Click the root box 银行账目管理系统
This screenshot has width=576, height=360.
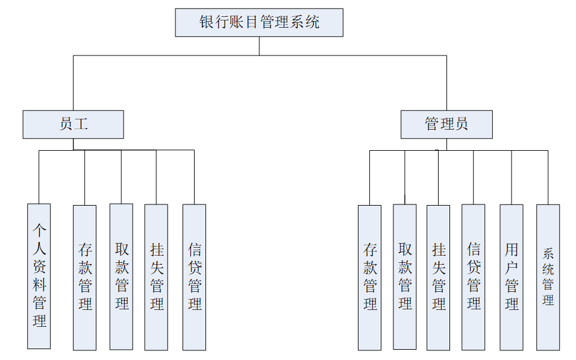tap(259, 23)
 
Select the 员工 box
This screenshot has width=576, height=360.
tap(73, 124)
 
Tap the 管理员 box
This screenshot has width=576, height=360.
tap(446, 124)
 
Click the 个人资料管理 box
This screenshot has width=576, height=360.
tap(39, 276)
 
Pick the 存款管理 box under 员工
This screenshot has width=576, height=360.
tap(84, 277)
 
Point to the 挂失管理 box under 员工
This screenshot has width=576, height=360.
tap(156, 277)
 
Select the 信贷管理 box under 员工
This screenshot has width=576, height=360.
tap(194, 277)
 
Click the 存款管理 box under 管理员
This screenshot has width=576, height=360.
tap(369, 277)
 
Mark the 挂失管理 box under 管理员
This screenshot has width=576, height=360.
tap(438, 277)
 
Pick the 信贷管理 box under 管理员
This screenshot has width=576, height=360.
tap(473, 277)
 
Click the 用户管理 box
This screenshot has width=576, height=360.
tap(511, 277)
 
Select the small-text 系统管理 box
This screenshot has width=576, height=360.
tap(548, 277)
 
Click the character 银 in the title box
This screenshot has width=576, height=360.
tap(207, 23)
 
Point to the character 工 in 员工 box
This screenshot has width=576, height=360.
tap(81, 124)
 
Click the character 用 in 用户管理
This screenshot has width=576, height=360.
tap(512, 249)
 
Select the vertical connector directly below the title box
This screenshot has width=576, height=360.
tap(259, 46)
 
